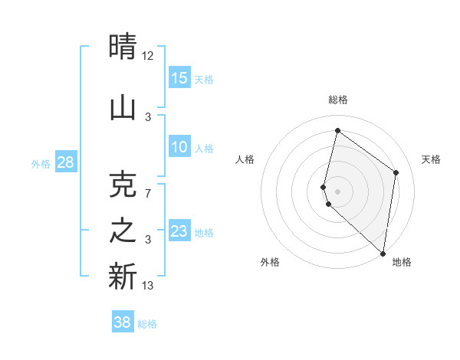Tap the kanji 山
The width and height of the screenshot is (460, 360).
coord(123,107)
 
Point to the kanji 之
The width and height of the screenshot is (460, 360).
coord(123,231)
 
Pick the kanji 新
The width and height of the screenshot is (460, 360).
coord(123,276)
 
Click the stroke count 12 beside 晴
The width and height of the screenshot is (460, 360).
coord(148,55)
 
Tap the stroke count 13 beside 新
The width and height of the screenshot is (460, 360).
coord(148,286)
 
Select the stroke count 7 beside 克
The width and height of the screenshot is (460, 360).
coord(148,193)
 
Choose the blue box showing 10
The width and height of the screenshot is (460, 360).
coord(179,147)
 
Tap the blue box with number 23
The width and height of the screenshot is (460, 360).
coord(179,231)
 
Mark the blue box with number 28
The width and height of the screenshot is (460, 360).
coord(65,162)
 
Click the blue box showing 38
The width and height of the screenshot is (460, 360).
coord(123,322)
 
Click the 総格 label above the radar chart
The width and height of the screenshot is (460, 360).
coord(338,100)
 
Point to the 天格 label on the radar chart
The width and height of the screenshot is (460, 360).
coord(431,159)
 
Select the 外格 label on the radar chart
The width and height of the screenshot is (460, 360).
coord(270,262)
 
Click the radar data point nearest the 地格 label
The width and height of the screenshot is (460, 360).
coord(383,254)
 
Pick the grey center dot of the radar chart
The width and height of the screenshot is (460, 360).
coord(338,190)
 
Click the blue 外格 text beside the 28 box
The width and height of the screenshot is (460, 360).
coord(40,163)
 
